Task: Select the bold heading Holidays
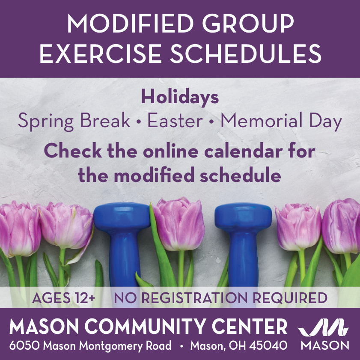point(180,98)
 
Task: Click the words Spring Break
point(74,122)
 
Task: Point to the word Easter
point(175,122)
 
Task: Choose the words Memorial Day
point(281,122)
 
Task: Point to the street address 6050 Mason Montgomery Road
point(90,345)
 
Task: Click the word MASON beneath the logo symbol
point(325,345)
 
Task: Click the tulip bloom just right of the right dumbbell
point(297,227)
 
